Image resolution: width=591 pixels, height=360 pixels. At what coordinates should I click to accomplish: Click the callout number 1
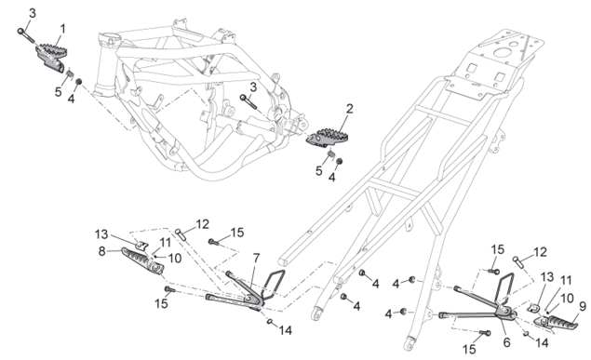62,29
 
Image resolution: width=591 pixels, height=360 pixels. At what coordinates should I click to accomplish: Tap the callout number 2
350,109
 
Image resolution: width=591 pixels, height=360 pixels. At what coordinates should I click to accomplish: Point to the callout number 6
506,342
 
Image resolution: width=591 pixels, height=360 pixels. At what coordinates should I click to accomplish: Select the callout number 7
256,259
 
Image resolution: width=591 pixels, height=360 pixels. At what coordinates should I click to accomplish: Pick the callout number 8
102,251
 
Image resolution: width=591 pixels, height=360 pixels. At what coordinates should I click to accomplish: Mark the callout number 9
583,307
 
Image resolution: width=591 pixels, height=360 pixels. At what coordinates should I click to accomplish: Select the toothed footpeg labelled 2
327,137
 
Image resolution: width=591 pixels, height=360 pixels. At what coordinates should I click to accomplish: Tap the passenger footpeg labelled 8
142,260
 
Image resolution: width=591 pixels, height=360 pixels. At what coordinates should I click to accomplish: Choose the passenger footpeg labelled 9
556,323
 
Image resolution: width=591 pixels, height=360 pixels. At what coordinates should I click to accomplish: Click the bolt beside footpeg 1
26,35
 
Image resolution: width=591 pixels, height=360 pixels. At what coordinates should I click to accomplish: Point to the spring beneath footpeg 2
330,153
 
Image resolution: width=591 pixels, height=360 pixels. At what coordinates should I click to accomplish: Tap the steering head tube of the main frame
105,64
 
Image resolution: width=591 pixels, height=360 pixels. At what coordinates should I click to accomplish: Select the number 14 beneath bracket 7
286,330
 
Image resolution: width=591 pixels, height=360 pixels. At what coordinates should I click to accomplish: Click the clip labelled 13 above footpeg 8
142,247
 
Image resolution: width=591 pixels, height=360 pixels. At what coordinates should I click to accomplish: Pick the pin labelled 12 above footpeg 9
518,261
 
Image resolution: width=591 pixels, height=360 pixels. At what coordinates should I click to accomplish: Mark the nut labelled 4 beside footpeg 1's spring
79,82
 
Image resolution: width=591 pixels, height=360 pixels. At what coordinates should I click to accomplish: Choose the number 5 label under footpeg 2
319,171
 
